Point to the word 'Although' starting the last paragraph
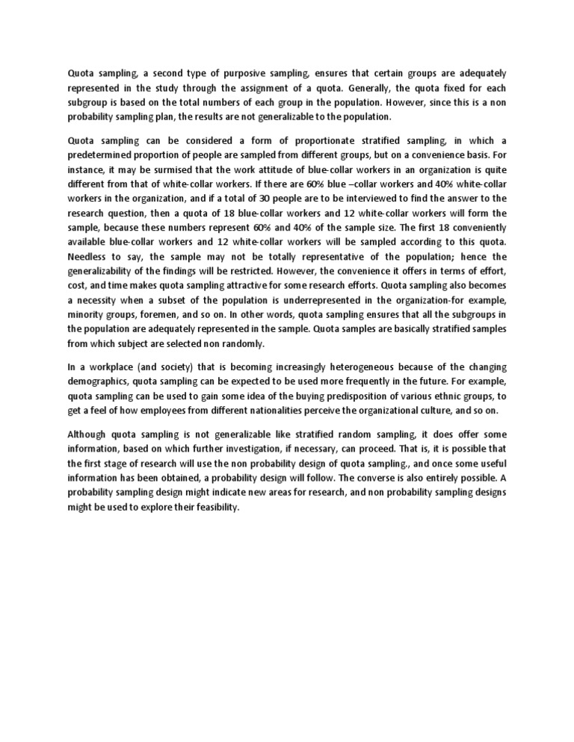[87, 434]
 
